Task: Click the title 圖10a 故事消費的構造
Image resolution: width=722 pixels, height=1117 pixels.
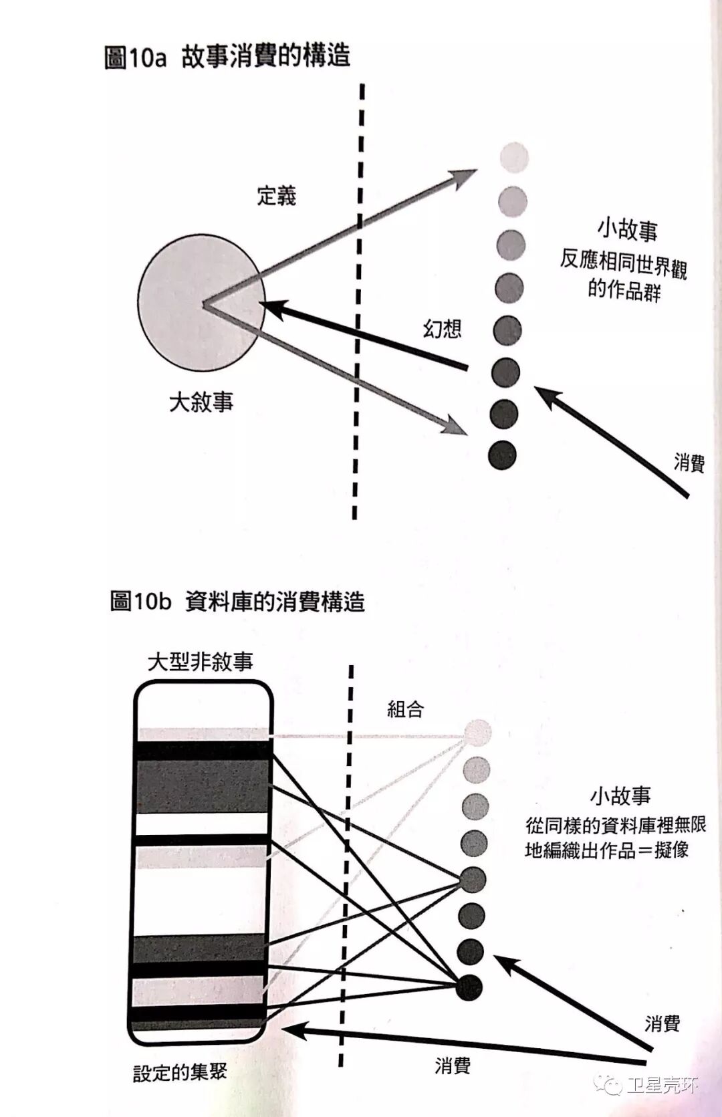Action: (227, 57)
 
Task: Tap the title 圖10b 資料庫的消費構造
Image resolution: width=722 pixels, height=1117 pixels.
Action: (237, 602)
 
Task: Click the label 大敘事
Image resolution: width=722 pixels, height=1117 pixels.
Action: (201, 402)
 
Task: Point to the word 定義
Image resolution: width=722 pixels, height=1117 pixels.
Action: (276, 196)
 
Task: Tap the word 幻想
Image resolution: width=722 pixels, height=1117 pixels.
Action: (442, 328)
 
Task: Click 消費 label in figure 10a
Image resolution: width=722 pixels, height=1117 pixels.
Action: (689, 462)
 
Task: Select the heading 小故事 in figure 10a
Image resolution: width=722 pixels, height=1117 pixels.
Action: (627, 230)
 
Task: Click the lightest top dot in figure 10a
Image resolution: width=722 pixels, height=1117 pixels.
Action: (514, 158)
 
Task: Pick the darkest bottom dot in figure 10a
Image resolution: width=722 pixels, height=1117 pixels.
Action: (503, 455)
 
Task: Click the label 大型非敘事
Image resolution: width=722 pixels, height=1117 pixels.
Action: (201, 662)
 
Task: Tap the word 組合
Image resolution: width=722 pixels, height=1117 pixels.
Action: (406, 709)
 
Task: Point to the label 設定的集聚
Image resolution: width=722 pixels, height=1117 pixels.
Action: (180, 1074)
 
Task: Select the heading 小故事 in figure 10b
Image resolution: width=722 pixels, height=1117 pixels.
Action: (620, 796)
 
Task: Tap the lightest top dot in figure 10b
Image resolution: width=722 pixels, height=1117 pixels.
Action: (477, 733)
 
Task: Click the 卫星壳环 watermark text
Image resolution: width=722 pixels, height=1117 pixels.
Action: (662, 1084)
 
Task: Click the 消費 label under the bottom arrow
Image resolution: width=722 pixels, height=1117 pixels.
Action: (453, 1066)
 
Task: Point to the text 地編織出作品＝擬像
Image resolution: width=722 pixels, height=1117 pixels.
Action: (606, 850)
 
